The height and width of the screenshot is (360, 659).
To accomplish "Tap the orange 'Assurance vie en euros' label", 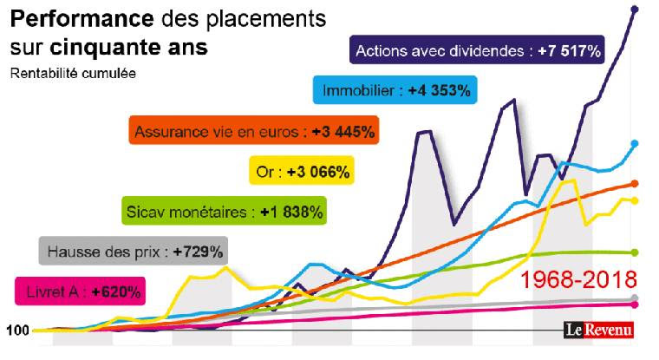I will pyautogui.click(x=254, y=132).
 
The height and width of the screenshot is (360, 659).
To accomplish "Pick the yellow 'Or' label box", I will pyautogui.click(x=302, y=172).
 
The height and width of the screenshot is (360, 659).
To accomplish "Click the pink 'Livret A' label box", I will pyautogui.click(x=80, y=291).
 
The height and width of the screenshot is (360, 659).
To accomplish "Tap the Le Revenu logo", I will pyautogui.click(x=597, y=329).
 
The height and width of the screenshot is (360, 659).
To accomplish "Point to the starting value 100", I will pyautogui.click(x=17, y=331).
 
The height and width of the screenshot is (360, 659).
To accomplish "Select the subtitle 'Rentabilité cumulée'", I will pyautogui.click(x=73, y=73).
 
